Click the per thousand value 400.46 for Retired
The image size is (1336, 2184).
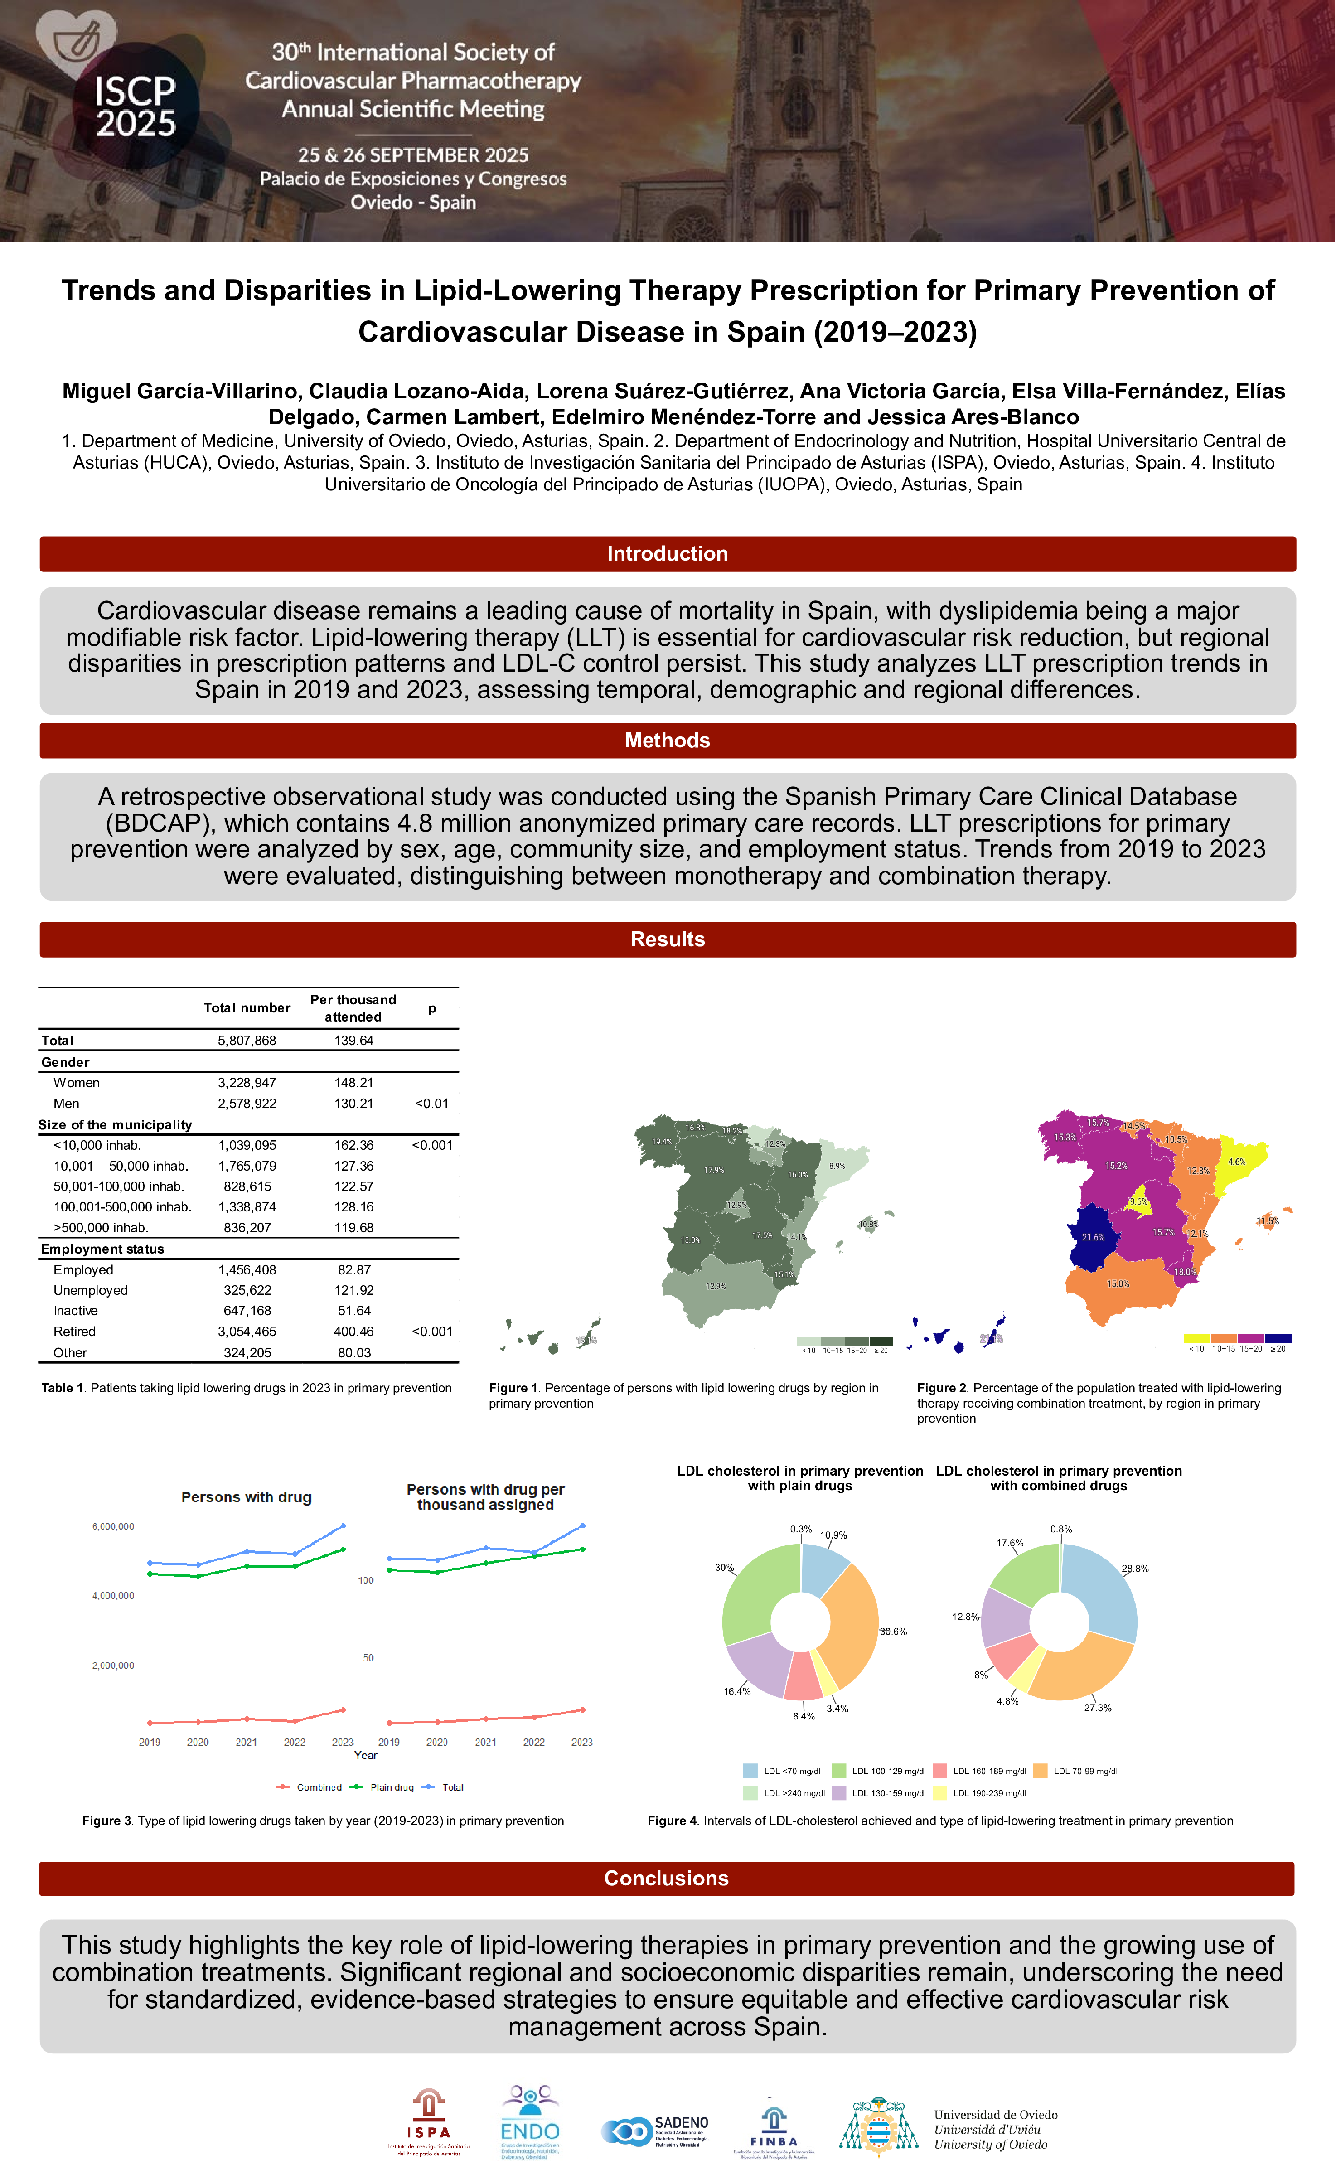[x=354, y=1332]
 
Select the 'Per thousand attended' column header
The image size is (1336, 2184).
[x=353, y=1008]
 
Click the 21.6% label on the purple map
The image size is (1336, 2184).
[x=1092, y=1237]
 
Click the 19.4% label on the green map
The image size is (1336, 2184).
[x=661, y=1142]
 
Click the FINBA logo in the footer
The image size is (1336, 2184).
[x=773, y=2129]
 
